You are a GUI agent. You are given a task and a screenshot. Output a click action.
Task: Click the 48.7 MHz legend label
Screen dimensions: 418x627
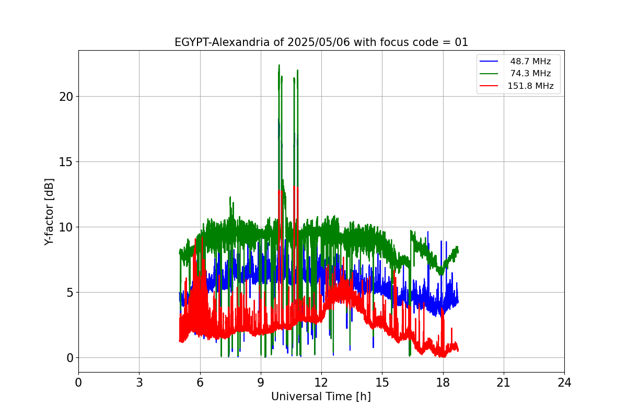(530, 62)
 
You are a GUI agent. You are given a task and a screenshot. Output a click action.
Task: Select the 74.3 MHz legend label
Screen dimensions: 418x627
(530, 74)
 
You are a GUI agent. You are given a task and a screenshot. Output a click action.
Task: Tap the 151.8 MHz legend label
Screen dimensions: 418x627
(530, 86)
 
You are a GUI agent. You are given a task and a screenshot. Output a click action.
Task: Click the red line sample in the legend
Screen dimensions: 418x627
(489, 86)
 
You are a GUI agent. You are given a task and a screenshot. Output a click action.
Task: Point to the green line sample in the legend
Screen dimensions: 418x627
(489, 74)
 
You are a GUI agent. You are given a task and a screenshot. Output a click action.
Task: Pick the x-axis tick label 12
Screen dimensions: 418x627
(321, 382)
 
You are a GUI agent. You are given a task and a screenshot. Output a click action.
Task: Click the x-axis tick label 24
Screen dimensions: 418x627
(564, 382)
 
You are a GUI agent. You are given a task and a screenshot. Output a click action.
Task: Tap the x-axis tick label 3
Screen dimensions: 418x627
(139, 382)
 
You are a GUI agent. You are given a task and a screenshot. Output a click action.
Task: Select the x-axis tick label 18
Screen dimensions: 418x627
(443, 382)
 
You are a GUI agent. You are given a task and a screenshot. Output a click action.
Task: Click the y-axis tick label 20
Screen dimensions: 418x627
(65, 97)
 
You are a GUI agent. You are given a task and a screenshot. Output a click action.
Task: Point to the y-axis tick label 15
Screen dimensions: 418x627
(65, 162)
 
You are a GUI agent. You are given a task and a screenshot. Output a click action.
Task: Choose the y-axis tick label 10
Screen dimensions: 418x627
(65, 227)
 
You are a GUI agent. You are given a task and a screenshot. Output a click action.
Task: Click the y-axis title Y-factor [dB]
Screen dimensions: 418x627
(49, 212)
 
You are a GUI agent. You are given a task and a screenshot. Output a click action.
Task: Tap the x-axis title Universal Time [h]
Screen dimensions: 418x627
(321, 397)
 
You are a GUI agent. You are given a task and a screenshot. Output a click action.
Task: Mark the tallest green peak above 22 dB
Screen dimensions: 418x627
(279, 66)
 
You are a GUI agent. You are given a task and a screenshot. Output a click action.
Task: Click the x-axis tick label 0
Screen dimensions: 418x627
(78, 382)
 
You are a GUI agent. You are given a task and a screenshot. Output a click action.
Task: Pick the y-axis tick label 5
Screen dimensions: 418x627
(68, 293)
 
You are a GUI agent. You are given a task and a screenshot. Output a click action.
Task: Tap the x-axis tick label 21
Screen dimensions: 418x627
(503, 382)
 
